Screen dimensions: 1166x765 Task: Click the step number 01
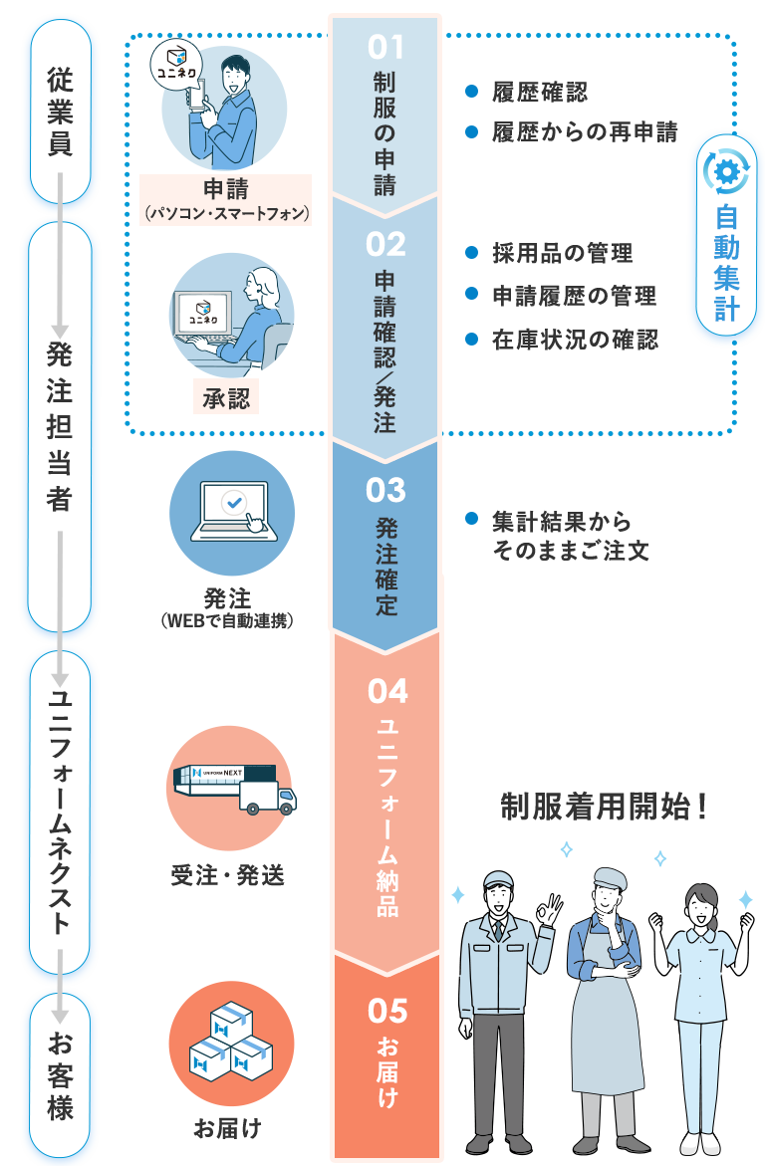coord(385,46)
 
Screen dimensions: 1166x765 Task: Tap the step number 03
coord(385,490)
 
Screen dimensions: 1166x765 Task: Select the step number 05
coord(386,1011)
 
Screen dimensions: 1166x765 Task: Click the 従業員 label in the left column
coord(61,111)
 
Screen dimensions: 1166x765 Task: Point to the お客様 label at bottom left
coord(61,1075)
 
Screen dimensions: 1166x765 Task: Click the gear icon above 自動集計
coord(726,170)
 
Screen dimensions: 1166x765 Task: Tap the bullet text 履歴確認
coord(539,93)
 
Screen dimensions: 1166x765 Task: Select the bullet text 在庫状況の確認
coord(575,340)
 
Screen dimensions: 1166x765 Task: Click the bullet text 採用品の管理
coord(562,253)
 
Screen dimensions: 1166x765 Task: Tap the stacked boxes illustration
coord(231,1044)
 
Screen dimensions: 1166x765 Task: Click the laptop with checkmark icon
coord(233,510)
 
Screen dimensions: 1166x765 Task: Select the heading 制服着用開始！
coord(605,808)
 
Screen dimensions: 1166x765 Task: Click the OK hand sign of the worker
coord(547,909)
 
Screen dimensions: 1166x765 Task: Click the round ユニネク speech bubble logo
coord(174,70)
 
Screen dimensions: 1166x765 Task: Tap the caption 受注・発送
coord(228,875)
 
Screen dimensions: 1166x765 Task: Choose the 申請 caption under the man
coord(226,189)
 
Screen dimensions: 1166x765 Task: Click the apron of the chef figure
coord(607,1026)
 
